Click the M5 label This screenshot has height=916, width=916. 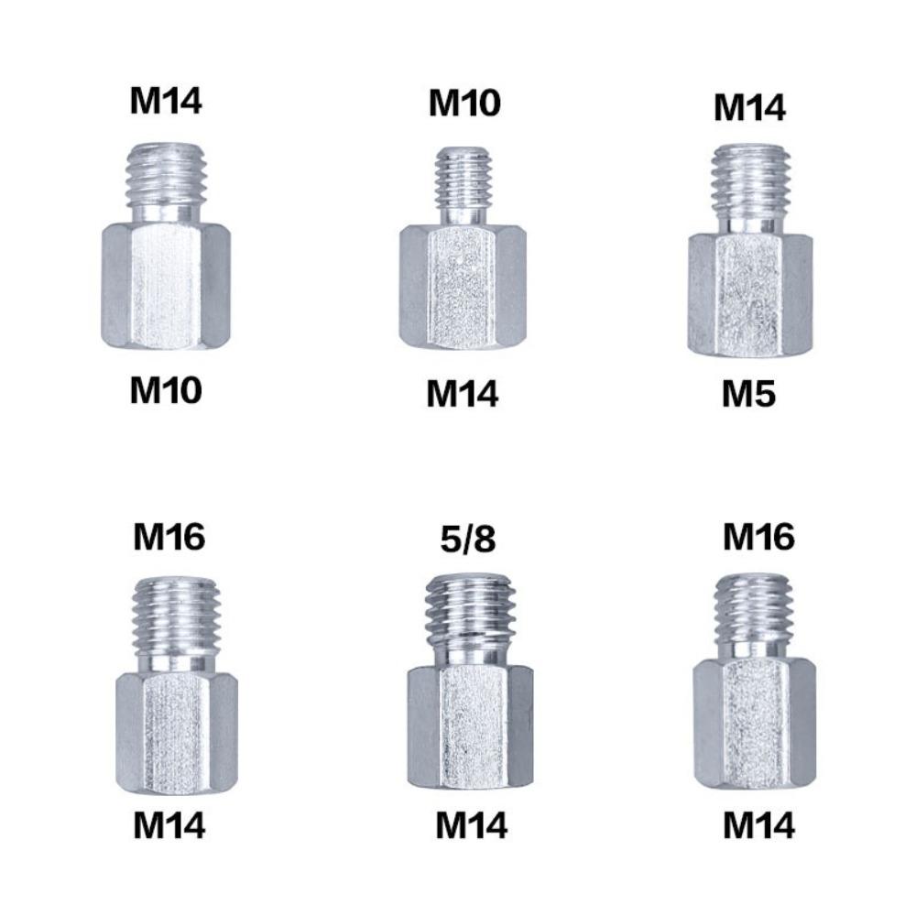click(748, 394)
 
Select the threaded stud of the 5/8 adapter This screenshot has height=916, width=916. click(469, 605)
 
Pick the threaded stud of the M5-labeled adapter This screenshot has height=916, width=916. click(750, 180)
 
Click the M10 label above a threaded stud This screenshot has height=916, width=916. click(464, 104)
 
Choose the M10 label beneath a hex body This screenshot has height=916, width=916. click(165, 391)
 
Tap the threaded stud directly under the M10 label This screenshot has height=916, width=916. click(463, 178)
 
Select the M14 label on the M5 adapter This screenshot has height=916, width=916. click(749, 108)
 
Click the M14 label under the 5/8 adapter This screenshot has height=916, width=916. click(471, 826)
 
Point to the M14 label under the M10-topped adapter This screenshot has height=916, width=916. click(463, 394)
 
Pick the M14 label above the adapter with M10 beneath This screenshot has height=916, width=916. click(165, 102)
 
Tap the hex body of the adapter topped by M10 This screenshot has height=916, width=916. click(463, 286)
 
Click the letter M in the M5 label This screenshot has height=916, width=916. click(736, 394)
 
